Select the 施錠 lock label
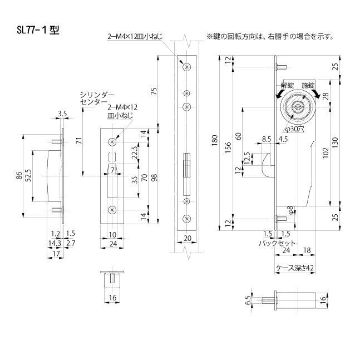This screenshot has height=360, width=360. tap(307, 85)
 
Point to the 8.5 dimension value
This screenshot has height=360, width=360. tap(265, 139)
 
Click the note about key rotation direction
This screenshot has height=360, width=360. tap(270, 37)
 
